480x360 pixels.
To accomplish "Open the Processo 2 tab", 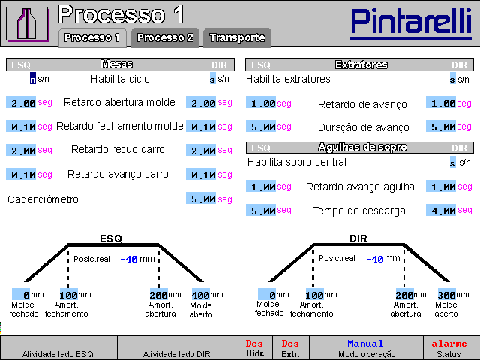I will (165, 37).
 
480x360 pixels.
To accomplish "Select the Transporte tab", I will (237, 37).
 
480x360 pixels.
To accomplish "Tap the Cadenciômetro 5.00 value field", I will (201, 199).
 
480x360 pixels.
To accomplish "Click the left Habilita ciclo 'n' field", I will (33, 79).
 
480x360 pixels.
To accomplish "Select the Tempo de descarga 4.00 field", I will (440, 211).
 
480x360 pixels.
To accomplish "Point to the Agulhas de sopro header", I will (361, 148).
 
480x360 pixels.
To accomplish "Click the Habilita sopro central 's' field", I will (453, 162).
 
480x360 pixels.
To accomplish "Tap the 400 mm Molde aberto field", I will (201, 295).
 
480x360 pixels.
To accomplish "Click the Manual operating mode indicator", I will (365, 343).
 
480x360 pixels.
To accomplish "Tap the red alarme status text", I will (449, 343).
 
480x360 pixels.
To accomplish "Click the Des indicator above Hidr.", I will (254, 343).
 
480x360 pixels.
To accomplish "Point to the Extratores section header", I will (361, 64).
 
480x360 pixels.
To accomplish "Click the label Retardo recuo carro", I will (118, 150).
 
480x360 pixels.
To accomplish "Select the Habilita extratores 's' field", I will (453, 79).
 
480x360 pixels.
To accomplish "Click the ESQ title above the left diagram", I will (111, 238).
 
